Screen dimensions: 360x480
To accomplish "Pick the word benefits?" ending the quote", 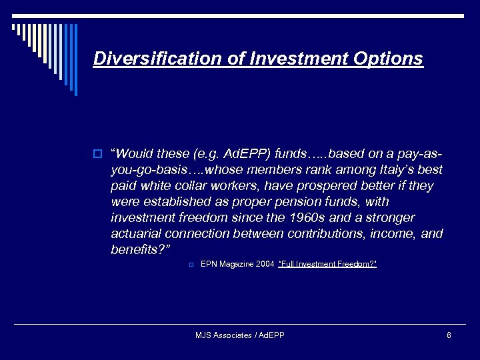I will click(x=141, y=250).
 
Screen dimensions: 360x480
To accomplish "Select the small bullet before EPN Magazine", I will click(x=191, y=265).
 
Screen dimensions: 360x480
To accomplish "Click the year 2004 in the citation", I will click(x=265, y=265).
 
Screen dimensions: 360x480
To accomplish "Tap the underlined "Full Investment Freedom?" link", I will click(x=327, y=265).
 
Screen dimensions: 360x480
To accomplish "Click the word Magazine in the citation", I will click(x=237, y=265).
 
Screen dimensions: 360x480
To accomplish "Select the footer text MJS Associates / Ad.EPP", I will click(x=240, y=335).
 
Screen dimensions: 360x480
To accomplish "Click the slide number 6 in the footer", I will click(x=449, y=335).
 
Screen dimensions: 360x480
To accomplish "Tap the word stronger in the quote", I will click(x=391, y=218).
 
